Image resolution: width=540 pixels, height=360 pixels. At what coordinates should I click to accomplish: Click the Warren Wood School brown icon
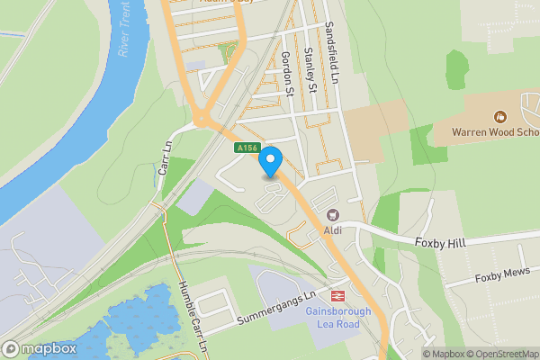(499, 116)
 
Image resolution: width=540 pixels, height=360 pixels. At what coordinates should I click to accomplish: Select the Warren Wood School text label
(495, 133)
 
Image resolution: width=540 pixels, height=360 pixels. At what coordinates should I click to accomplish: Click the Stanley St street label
(310, 70)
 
